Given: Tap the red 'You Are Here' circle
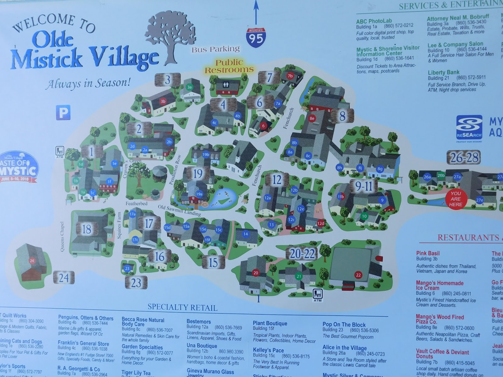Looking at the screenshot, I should [456, 199].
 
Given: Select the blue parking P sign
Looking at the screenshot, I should [63, 112].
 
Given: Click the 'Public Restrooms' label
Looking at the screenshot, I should [229, 66].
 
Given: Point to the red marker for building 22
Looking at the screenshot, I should [358, 275].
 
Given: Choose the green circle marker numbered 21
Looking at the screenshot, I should [299, 276].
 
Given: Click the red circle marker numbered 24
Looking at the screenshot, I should [32, 261].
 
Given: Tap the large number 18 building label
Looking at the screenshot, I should [86, 229].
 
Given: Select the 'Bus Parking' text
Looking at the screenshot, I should [216, 49].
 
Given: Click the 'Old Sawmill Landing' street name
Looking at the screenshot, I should [179, 210].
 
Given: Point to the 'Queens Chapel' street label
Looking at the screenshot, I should [62, 237].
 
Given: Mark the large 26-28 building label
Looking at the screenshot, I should [464, 157].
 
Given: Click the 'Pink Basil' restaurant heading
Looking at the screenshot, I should [428, 253].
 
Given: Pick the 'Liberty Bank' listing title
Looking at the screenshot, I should [443, 72].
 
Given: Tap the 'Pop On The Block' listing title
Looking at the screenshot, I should [344, 325].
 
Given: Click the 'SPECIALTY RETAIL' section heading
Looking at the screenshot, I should [182, 307].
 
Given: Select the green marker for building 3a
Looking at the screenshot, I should [189, 87].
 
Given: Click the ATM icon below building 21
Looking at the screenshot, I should [317, 295].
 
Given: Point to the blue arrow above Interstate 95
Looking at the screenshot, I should [256, 13].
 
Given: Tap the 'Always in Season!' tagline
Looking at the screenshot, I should [88, 84].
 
